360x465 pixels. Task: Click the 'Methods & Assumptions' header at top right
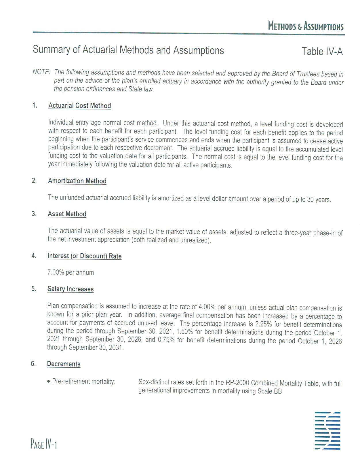tap(306, 26)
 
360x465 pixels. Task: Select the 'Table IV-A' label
tap(322, 52)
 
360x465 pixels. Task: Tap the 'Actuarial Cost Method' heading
tap(79, 106)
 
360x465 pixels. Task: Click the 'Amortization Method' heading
tap(77, 181)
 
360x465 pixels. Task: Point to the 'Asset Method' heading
tap(67, 214)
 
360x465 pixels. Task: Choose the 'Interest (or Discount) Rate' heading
tap(84, 256)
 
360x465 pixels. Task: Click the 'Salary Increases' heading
tap(71, 289)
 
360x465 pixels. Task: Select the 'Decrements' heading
tap(64, 364)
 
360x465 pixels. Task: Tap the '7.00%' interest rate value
tap(56, 272)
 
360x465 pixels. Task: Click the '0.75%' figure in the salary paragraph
tap(166, 340)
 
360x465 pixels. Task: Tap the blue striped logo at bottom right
tap(327, 431)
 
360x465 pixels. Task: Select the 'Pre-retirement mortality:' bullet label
tap(83, 382)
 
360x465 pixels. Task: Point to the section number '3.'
tap(34, 214)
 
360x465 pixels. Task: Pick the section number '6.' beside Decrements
tap(33, 364)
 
